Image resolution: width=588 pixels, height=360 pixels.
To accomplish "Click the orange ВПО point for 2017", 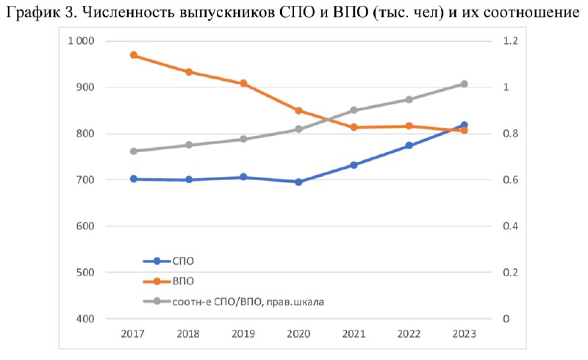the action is click(134, 55).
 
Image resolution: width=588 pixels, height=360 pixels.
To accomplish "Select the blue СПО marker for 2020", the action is click(299, 182).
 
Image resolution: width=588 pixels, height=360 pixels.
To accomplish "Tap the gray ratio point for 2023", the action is click(465, 84).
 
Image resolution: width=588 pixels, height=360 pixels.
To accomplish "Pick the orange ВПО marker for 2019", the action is click(244, 83).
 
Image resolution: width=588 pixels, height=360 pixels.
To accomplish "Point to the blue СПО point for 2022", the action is click(409, 145).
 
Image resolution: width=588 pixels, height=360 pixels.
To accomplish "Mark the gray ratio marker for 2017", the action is click(134, 151).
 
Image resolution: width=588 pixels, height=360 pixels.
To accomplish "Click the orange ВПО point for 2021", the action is click(354, 127).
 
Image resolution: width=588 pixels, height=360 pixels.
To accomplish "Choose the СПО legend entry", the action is click(169, 261).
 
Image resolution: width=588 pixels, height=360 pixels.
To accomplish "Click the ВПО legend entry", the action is click(169, 281).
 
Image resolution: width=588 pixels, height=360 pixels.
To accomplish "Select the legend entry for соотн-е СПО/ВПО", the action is click(234, 301).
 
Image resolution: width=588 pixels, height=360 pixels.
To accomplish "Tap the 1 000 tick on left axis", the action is click(81, 41).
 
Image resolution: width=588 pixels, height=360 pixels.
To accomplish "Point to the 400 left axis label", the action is click(85, 319).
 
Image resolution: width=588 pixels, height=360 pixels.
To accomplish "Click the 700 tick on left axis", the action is click(85, 179).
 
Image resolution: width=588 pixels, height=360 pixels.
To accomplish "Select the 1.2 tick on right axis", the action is click(510, 41).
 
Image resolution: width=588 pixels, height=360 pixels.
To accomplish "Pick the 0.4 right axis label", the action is click(510, 226).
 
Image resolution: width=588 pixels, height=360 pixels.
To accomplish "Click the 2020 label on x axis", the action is click(299, 334).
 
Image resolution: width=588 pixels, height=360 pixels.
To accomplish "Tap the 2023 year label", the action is click(465, 334).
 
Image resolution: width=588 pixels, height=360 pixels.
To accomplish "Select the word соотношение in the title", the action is click(531, 13).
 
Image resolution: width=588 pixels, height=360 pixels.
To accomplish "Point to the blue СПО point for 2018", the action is click(189, 179).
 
